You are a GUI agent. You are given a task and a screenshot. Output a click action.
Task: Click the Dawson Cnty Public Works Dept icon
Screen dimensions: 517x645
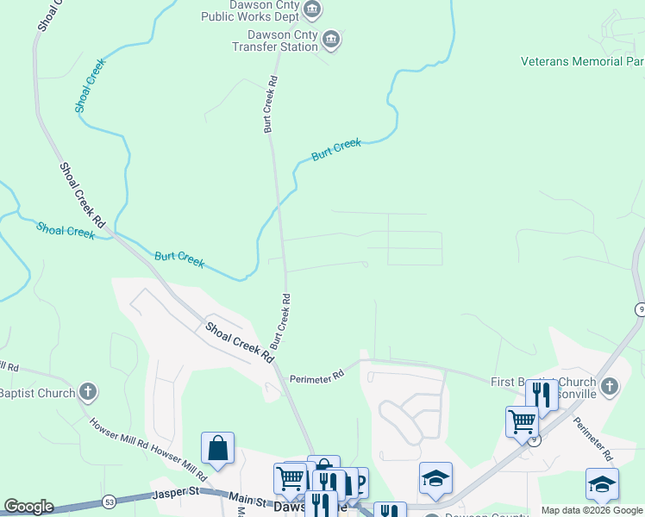(x=312, y=10)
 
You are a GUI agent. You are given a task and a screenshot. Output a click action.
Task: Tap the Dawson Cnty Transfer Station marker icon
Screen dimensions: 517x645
(x=331, y=39)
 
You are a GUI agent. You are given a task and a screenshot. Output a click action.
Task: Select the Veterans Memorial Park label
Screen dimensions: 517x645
(x=583, y=61)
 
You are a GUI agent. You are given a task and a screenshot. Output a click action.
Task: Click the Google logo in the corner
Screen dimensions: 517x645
(x=28, y=507)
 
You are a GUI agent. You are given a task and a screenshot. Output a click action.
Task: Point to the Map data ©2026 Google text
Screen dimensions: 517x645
(x=591, y=510)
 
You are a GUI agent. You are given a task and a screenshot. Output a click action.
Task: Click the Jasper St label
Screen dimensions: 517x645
(x=176, y=495)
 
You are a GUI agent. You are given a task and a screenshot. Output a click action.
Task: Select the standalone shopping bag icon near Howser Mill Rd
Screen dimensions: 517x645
(x=217, y=449)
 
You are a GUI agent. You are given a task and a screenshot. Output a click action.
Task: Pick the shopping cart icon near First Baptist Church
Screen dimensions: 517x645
(x=522, y=421)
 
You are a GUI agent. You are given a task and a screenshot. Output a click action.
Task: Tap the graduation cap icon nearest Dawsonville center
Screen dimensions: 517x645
(x=435, y=477)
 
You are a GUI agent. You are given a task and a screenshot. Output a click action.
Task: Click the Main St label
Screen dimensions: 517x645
(x=247, y=498)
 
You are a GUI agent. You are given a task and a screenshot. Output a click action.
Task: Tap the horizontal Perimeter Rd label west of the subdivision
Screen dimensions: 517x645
(x=316, y=376)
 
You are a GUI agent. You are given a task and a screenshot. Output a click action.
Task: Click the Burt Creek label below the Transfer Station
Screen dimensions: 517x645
(x=336, y=150)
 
